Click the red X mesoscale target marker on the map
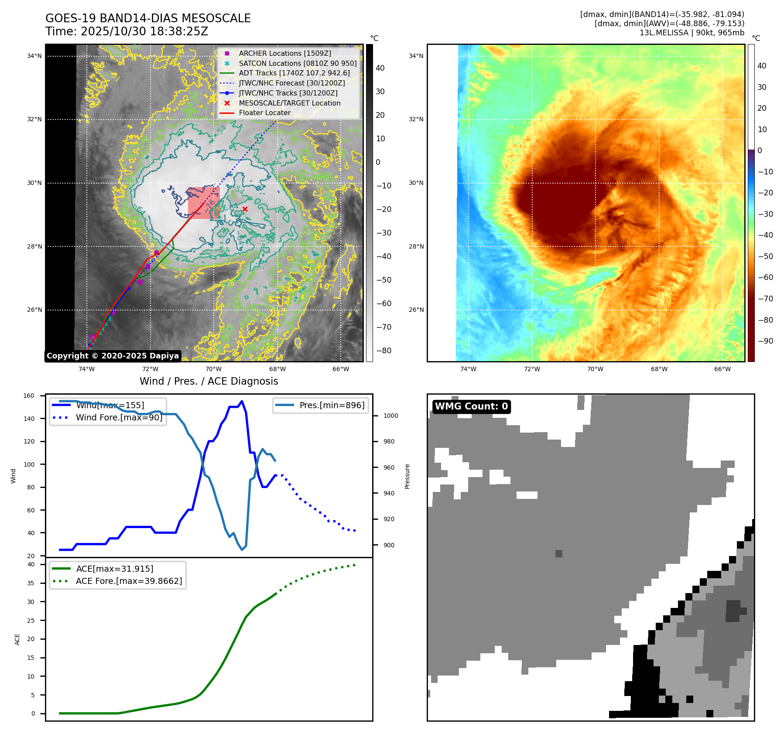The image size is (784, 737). point(245,209)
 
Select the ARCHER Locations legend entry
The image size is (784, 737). point(284,53)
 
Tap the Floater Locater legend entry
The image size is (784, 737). point(264,113)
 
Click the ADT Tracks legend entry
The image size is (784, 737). point(294,73)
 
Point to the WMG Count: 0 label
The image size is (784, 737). point(471,406)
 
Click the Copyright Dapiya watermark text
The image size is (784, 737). point(113,356)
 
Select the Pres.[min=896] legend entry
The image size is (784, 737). point(332,405)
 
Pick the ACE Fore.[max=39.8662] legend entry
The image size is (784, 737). point(129,581)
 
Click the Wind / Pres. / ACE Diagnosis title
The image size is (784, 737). point(209,381)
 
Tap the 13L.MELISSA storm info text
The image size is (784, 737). point(692,33)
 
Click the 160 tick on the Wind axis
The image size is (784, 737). point(29,396)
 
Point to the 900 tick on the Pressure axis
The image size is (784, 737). point(389,545)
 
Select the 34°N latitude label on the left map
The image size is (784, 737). point(34,56)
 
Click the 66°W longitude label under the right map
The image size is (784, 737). point(722,369)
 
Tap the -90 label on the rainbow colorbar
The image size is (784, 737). point(765,341)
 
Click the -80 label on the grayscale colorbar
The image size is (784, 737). point(383,351)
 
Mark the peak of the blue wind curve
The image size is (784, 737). point(242,401)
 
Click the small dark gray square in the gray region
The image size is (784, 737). point(559,553)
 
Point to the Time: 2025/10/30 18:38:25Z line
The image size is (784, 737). point(127,31)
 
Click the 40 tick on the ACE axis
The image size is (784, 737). point(31,564)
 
